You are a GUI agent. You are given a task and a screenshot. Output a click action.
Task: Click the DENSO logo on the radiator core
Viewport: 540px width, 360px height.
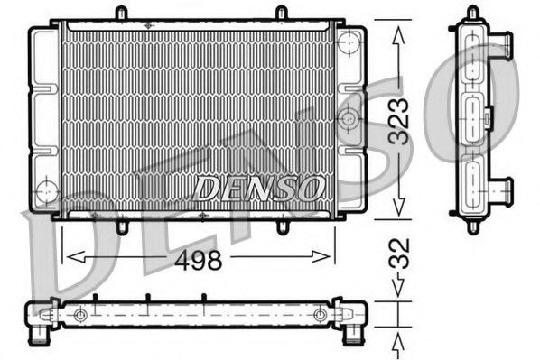(x=260, y=188)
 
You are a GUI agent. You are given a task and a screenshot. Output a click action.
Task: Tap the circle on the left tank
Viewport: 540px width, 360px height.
(x=45, y=190)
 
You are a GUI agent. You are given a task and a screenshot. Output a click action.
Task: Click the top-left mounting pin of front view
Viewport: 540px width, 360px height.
(x=120, y=14)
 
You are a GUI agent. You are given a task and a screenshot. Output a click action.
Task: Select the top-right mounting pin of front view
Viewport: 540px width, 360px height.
(x=281, y=14)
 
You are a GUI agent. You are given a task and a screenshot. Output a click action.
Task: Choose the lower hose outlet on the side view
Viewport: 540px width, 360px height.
(x=500, y=189)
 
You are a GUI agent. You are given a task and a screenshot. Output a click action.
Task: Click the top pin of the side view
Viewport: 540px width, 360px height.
(x=472, y=13)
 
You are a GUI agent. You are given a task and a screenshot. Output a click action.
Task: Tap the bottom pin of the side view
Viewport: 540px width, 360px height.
(x=472, y=226)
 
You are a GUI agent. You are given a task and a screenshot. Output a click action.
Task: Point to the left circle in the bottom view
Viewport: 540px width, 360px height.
(x=81, y=314)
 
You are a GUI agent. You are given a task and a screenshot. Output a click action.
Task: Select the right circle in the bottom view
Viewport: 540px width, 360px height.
(x=321, y=314)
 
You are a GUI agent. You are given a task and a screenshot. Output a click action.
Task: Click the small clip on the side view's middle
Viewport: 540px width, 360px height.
(x=488, y=117)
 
